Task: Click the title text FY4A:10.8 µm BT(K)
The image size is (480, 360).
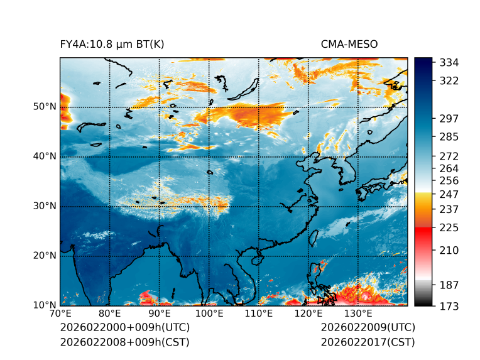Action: coord(112,44)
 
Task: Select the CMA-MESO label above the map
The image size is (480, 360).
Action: coord(349,44)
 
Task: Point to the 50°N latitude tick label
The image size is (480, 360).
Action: coord(45,107)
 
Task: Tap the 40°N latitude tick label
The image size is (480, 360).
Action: coord(45,156)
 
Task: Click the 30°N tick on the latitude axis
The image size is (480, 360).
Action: coord(45,206)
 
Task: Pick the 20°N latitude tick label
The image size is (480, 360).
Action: coord(45,256)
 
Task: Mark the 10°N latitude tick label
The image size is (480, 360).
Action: coord(45,305)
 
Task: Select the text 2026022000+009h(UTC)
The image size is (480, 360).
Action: coord(124,328)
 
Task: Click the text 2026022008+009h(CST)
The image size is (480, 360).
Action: coord(124,342)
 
